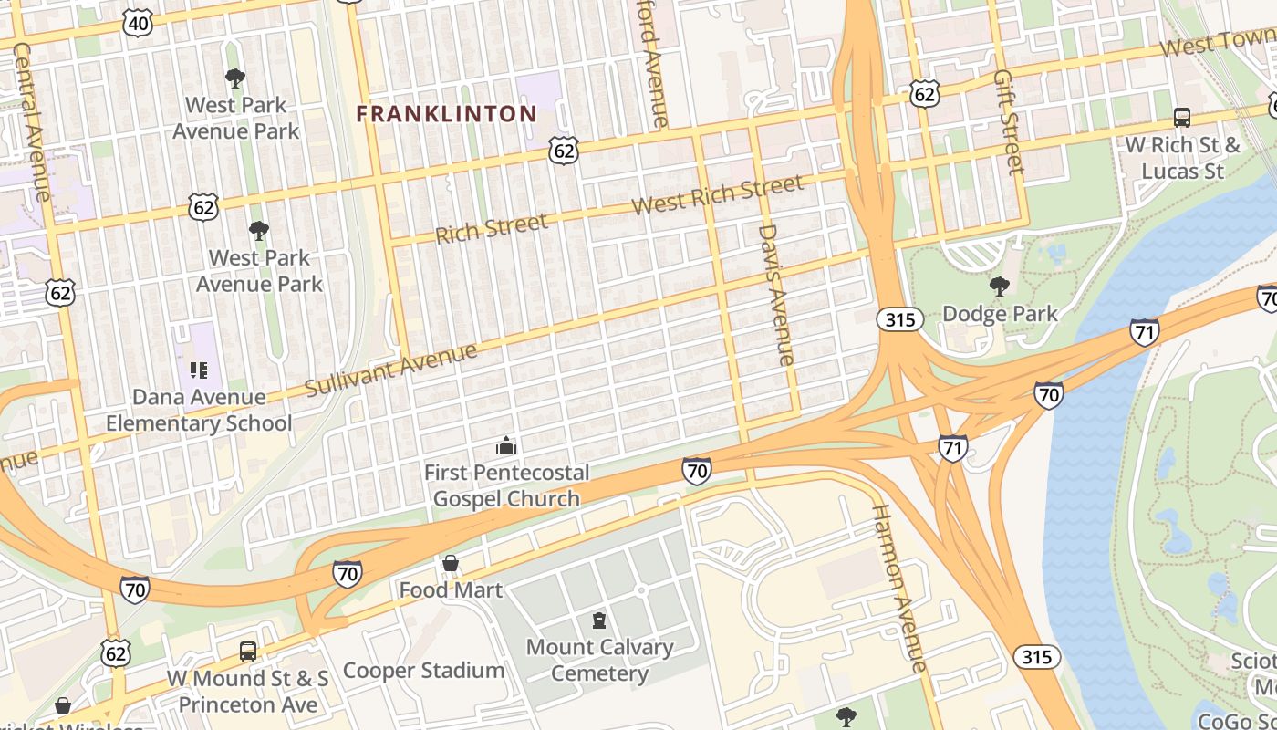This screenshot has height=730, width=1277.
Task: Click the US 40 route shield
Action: click(x=137, y=24)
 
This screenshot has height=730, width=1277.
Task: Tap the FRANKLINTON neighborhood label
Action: click(x=446, y=114)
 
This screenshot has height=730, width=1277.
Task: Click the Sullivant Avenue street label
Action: click(x=390, y=370)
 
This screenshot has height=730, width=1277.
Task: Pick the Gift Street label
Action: click(x=1008, y=120)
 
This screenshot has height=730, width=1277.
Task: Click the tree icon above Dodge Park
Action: click(x=999, y=286)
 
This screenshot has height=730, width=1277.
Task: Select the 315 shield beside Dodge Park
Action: click(x=901, y=319)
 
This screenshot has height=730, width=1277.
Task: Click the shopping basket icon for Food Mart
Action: click(x=450, y=564)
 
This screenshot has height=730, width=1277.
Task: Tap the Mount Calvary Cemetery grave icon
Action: click(x=599, y=621)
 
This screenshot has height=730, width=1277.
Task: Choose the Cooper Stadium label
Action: click(x=423, y=671)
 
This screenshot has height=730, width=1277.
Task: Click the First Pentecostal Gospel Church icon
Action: click(x=505, y=446)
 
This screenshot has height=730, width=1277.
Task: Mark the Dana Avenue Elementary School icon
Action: click(x=199, y=370)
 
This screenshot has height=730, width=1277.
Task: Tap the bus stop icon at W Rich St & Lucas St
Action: click(x=1181, y=117)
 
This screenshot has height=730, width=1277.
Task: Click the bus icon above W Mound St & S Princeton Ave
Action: click(x=247, y=651)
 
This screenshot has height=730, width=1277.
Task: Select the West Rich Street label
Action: click(x=717, y=194)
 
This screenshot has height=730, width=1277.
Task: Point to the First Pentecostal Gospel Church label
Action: click(x=506, y=485)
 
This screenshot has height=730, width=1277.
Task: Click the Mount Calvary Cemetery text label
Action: click(x=599, y=661)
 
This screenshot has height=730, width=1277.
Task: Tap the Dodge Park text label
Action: click(x=1000, y=314)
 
